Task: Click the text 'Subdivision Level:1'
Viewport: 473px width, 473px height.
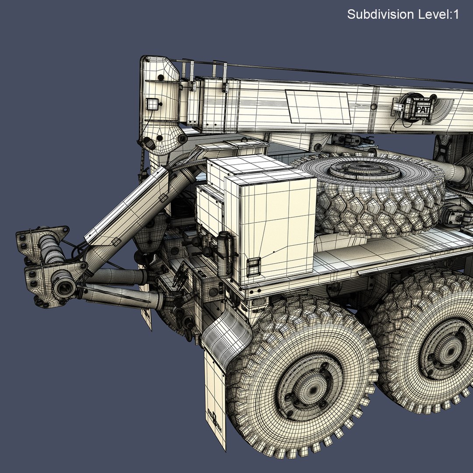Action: coord(403,14)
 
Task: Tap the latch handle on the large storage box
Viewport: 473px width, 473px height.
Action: coord(254,267)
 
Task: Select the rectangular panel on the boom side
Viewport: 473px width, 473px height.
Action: coord(318,107)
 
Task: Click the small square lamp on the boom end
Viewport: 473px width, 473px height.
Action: coord(152,104)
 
